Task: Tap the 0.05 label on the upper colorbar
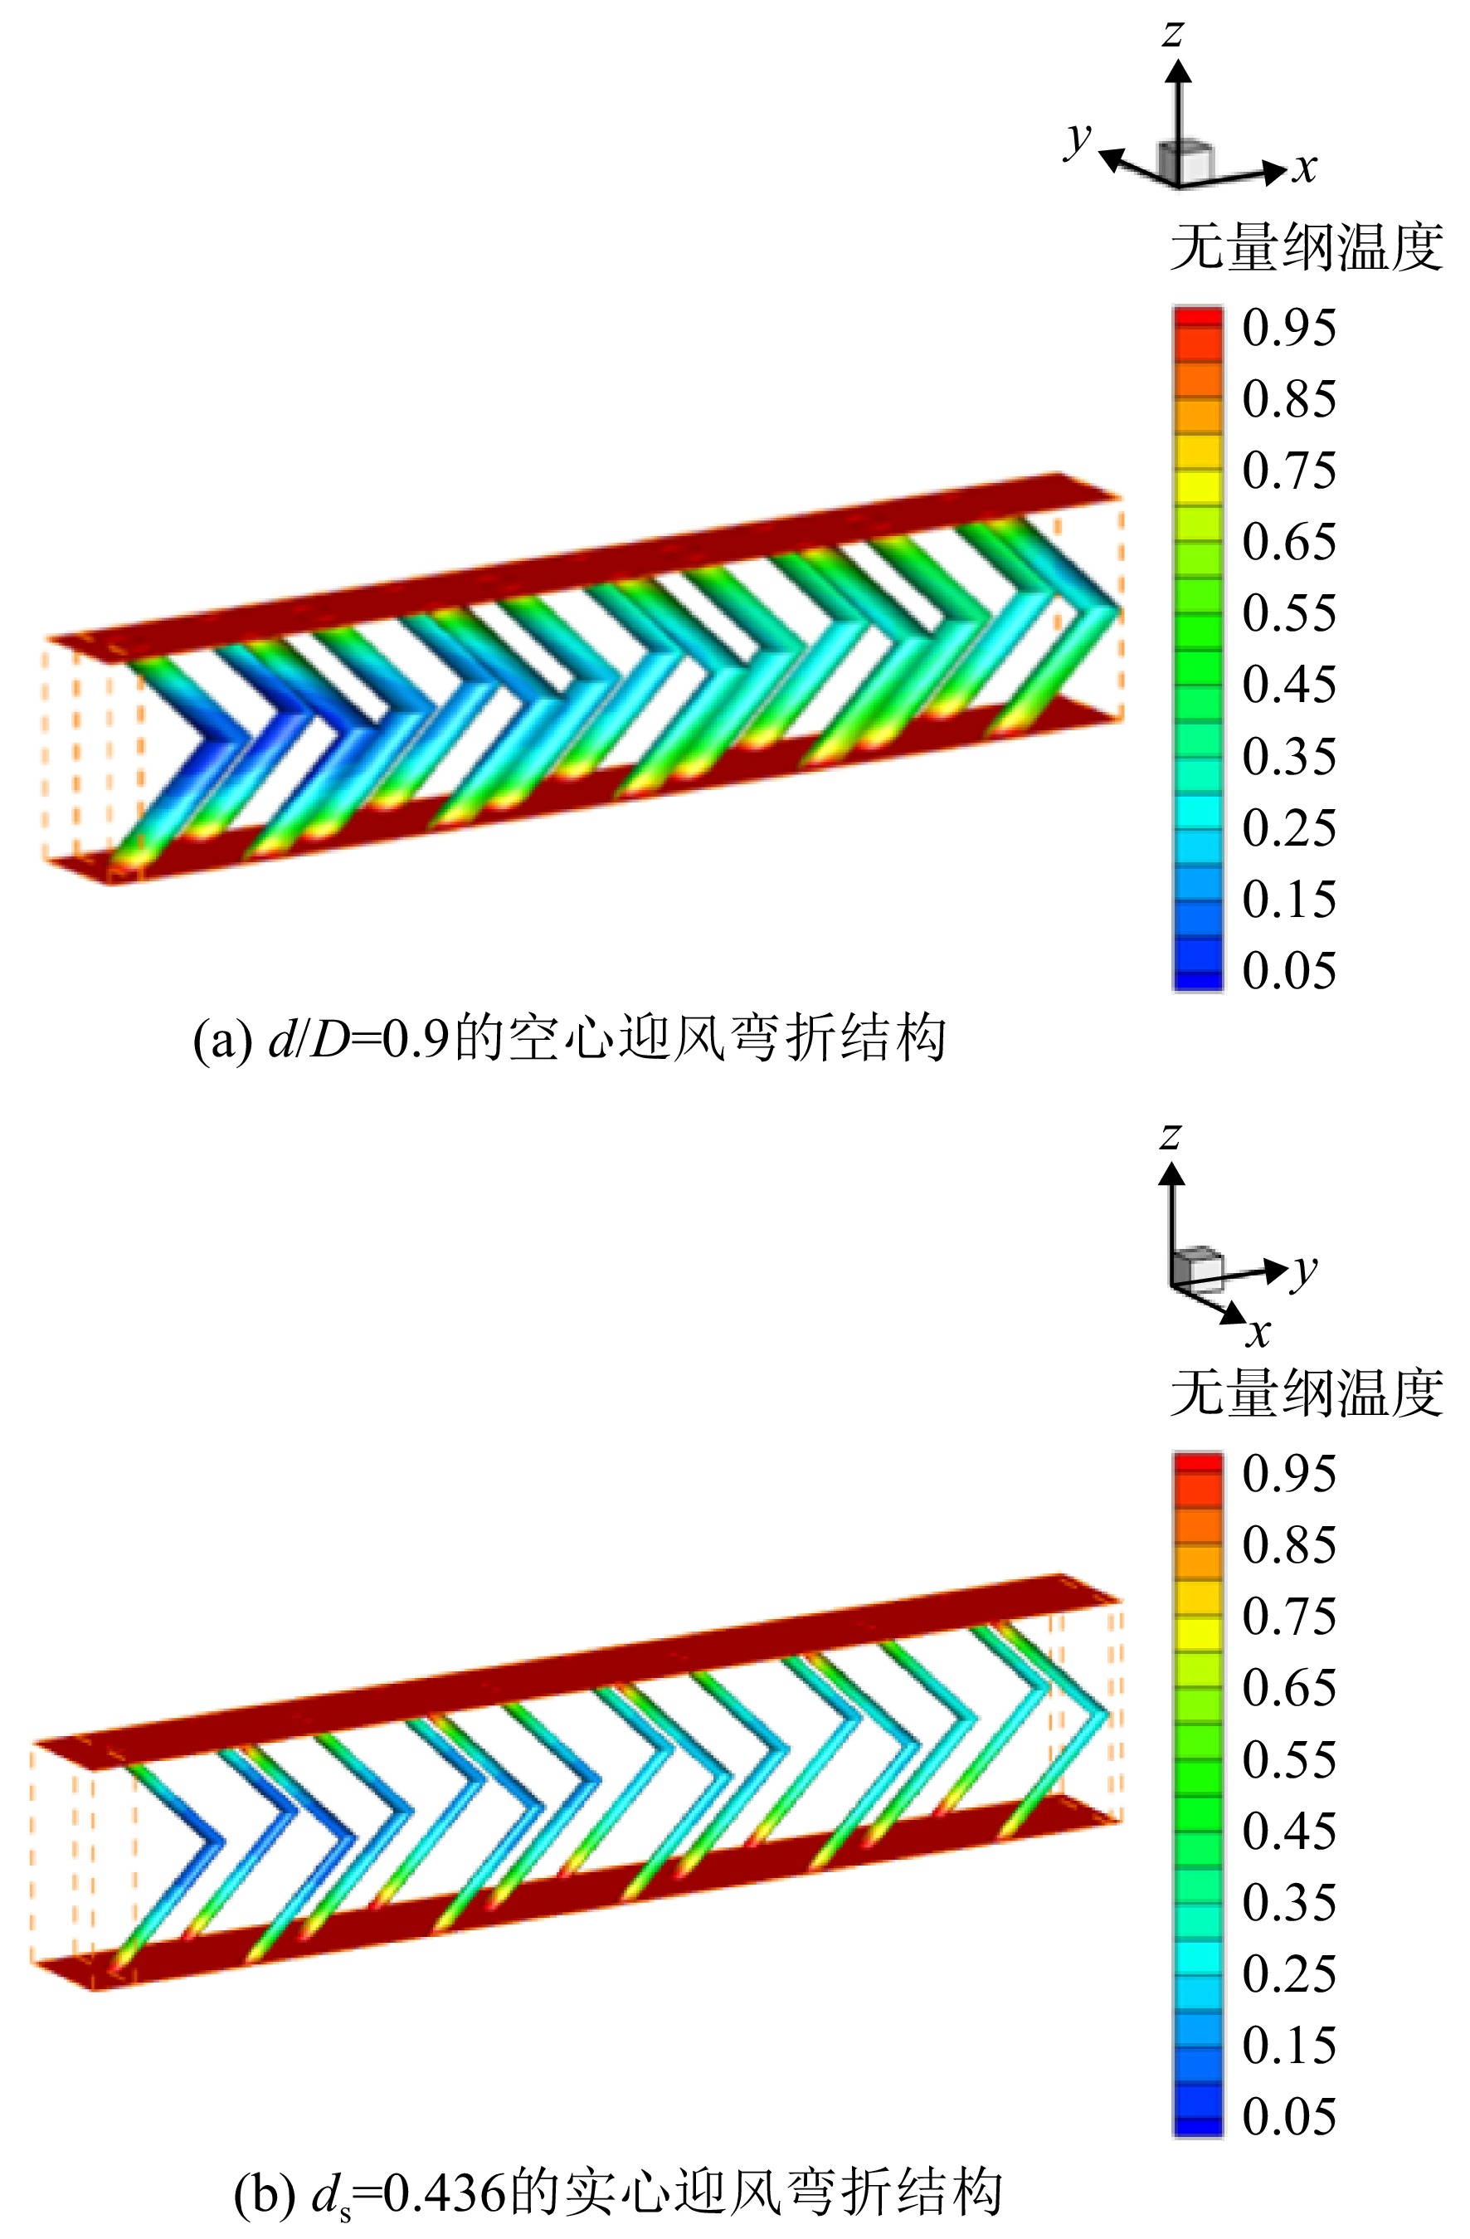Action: (x=1288, y=970)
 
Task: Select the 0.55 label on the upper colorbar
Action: (x=1288, y=612)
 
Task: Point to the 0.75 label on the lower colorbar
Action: (x=1288, y=1617)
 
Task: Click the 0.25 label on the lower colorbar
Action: (x=1288, y=1973)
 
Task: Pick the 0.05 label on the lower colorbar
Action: (x=1288, y=2117)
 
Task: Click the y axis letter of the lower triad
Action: (x=1304, y=1271)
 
